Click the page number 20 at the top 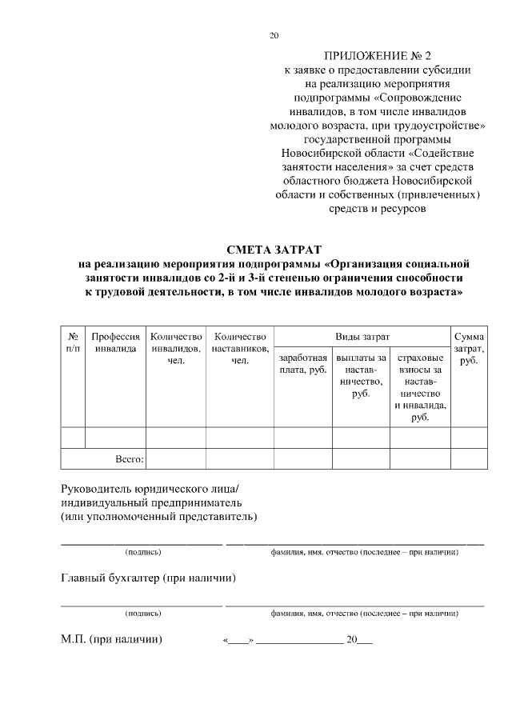(x=274, y=35)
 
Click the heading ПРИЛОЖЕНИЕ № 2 (x=377, y=56)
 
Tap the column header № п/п (x=73, y=342)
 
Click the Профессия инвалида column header (x=115, y=342)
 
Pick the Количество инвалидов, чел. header (x=175, y=349)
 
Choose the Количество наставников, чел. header (x=239, y=349)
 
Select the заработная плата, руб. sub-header (x=302, y=364)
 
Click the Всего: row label (x=130, y=458)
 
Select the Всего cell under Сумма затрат (x=468, y=458)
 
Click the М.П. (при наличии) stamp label (x=111, y=639)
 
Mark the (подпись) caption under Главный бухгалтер (x=143, y=614)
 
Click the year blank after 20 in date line (x=365, y=642)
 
